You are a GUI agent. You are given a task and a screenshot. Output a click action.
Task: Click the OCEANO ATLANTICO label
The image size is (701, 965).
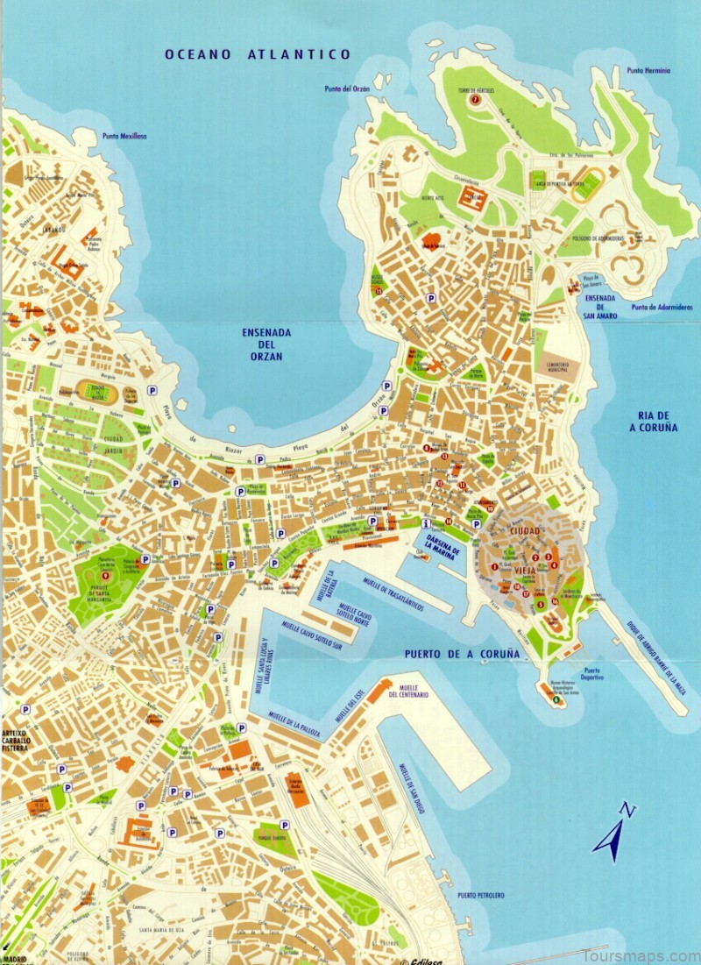coord(258,54)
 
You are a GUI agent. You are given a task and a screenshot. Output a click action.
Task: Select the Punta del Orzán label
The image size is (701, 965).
coord(345,89)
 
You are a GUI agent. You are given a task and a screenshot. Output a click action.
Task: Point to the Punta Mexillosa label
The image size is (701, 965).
coord(124,136)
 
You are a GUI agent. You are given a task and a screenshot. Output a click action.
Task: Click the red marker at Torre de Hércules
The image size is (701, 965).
coord(476,99)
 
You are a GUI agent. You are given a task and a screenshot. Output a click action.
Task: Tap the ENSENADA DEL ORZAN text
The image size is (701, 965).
coord(267,345)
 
